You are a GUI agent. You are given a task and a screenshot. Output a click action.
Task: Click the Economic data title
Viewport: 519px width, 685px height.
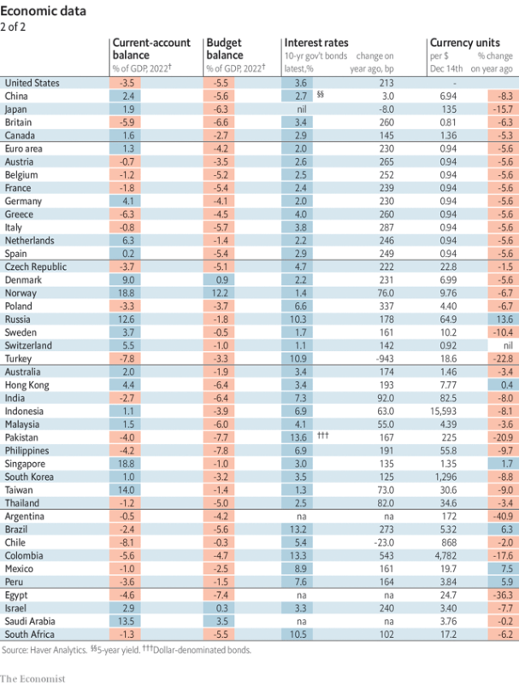(x=43, y=11)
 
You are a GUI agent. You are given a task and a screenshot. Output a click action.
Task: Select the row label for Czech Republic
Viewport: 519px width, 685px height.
(x=35, y=266)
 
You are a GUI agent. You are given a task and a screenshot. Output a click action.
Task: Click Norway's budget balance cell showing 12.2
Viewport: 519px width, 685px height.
(x=220, y=292)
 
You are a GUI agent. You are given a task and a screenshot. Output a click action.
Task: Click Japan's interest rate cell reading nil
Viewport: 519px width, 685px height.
(x=299, y=109)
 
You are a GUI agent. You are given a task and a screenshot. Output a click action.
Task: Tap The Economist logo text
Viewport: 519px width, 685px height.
(x=34, y=677)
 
